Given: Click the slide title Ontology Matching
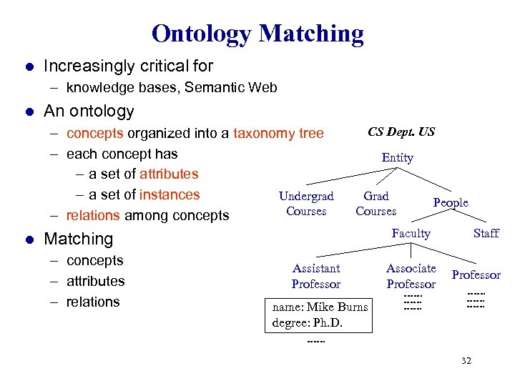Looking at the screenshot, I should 257,34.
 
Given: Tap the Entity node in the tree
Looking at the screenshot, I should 397,157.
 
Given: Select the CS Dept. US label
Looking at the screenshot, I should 401,132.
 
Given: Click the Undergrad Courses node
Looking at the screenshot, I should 306,204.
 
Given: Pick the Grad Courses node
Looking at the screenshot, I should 376,204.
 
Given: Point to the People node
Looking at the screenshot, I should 451,203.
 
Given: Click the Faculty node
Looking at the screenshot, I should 411,233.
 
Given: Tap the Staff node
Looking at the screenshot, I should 486,233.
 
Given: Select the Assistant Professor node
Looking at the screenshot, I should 315,276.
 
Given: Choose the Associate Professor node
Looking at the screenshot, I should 411,276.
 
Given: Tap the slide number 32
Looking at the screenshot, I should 466,361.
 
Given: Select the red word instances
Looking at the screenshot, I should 170,194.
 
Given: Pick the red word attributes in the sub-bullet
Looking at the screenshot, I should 169,174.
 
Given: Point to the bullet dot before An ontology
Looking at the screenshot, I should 29,112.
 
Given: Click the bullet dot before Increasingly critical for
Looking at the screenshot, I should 29,66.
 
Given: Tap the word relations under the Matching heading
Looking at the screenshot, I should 93,302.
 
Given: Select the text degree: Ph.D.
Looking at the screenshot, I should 308,322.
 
